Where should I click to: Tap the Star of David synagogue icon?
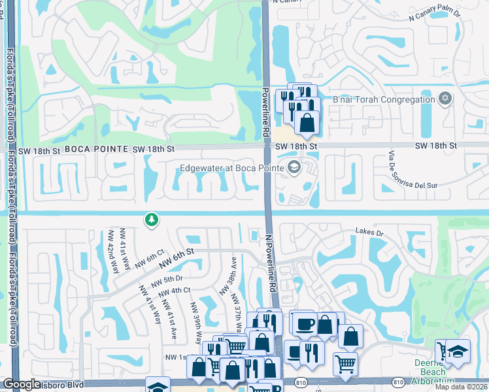point(445,99)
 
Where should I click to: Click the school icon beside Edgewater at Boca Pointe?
point(294,168)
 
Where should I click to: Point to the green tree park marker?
point(152,220)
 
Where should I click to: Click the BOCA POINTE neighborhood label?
point(95,149)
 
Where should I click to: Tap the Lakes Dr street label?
point(368,231)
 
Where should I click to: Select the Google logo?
point(22,384)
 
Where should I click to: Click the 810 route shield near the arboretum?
point(397,381)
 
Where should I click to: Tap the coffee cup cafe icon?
point(304,323)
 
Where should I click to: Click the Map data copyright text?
point(461,387)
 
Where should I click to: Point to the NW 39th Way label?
point(196,319)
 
